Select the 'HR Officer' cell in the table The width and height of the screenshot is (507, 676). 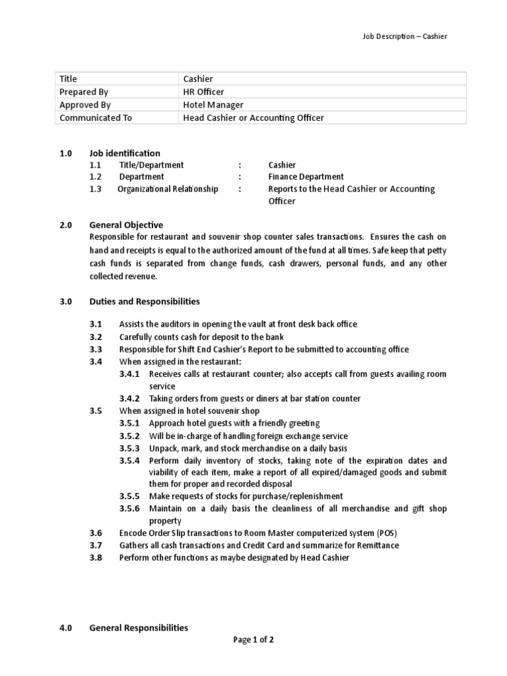click(x=204, y=92)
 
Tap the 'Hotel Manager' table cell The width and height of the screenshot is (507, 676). click(x=213, y=105)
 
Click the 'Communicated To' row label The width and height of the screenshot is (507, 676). click(x=96, y=118)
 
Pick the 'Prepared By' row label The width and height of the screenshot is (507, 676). click(x=84, y=92)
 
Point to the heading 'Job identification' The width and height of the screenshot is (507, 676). click(x=125, y=153)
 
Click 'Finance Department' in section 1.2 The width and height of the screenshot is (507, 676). click(x=306, y=177)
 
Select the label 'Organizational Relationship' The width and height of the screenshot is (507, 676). click(x=168, y=189)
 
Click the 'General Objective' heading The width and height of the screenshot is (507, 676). click(x=126, y=225)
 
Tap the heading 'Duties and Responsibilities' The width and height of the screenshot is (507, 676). click(x=145, y=301)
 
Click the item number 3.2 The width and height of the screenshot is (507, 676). click(x=96, y=337)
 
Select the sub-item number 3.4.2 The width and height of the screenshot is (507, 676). click(x=129, y=398)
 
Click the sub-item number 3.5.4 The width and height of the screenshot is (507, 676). click(x=129, y=460)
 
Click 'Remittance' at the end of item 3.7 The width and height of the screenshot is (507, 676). click(x=377, y=545)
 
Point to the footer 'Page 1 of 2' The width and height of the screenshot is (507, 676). click(x=253, y=640)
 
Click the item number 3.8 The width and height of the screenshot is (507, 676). click(x=96, y=558)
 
